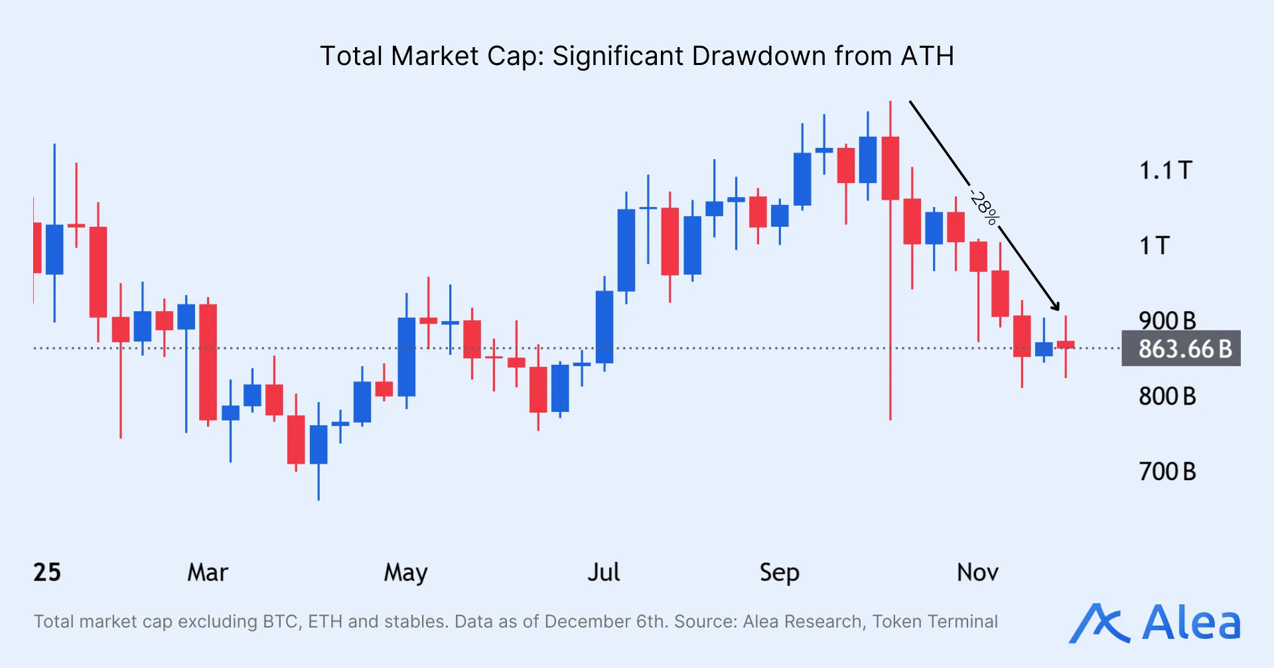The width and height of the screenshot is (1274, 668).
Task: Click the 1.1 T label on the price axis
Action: point(1166,170)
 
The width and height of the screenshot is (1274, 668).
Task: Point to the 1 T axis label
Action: point(1155,245)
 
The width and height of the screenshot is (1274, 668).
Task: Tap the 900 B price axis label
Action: point(1167,320)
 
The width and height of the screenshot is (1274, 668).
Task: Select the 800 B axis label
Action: point(1167,396)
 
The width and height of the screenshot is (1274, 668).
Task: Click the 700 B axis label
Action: point(1167,472)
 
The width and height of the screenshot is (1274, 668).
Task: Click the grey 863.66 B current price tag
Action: point(1181,348)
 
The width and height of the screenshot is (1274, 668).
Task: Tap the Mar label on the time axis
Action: point(208,572)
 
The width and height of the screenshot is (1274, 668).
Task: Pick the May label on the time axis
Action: point(405,572)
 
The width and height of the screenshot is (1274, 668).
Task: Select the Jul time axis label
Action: point(603,572)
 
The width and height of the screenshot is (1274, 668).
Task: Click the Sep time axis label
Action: point(779,572)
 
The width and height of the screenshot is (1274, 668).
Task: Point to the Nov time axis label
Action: point(977,572)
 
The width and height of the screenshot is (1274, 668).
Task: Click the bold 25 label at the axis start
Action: point(47,572)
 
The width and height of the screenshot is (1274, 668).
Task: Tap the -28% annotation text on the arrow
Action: point(984,207)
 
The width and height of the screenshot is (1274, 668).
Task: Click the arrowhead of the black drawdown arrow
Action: point(1056,306)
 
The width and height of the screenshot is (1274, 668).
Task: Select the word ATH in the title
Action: point(927,56)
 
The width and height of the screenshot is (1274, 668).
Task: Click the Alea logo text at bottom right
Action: point(1190,623)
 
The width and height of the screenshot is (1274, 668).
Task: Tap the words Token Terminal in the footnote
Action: point(934,622)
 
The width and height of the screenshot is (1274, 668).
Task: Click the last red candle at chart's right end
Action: point(1066,344)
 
